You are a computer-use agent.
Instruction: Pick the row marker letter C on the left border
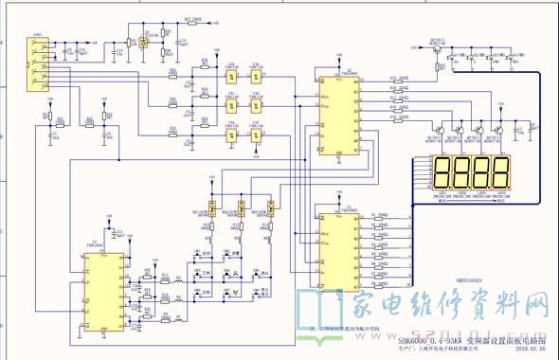click(4, 232)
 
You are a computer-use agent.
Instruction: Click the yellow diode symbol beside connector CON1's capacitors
click(143, 43)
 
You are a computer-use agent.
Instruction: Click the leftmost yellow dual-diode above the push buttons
click(213, 207)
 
